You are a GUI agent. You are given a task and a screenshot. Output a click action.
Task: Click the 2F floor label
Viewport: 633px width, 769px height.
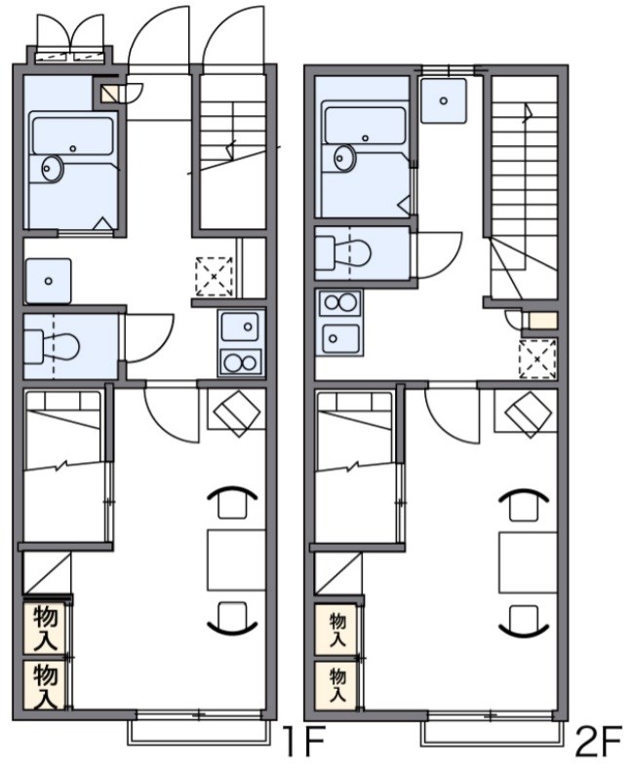[598, 742]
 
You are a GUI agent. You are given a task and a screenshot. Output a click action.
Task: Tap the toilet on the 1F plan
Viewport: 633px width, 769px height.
[52, 347]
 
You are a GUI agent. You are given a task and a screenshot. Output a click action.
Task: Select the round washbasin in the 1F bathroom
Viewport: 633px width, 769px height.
[51, 169]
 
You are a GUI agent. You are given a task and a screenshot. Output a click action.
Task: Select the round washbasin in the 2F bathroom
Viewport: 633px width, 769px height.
[345, 158]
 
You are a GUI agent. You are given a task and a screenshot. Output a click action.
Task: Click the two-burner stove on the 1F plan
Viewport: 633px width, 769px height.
[241, 363]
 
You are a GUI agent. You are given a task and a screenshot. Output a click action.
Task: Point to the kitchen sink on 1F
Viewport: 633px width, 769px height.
[240, 327]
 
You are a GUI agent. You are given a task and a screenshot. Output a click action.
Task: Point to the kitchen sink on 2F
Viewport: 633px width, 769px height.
[339, 337]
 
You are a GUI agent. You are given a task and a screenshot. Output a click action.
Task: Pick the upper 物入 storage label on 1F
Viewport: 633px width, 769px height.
[46, 629]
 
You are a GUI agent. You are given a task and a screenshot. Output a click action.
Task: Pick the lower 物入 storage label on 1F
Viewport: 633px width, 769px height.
[46, 685]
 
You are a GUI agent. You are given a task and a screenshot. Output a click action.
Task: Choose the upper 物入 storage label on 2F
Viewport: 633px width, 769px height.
[337, 630]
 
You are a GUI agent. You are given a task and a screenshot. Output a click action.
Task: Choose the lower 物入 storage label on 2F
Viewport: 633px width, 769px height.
[337, 685]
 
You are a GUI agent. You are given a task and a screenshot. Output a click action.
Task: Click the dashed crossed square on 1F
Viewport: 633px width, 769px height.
[214, 277]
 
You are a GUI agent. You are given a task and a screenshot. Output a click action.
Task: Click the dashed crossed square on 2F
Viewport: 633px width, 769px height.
[537, 359]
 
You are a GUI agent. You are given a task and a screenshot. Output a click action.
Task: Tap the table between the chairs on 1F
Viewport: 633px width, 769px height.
[236, 559]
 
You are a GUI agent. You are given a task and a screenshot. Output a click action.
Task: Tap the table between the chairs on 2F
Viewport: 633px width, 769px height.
[528, 562]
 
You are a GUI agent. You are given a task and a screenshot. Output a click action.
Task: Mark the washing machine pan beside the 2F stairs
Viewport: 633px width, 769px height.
[444, 100]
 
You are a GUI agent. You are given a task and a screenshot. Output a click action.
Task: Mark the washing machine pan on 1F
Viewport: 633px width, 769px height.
[48, 281]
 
